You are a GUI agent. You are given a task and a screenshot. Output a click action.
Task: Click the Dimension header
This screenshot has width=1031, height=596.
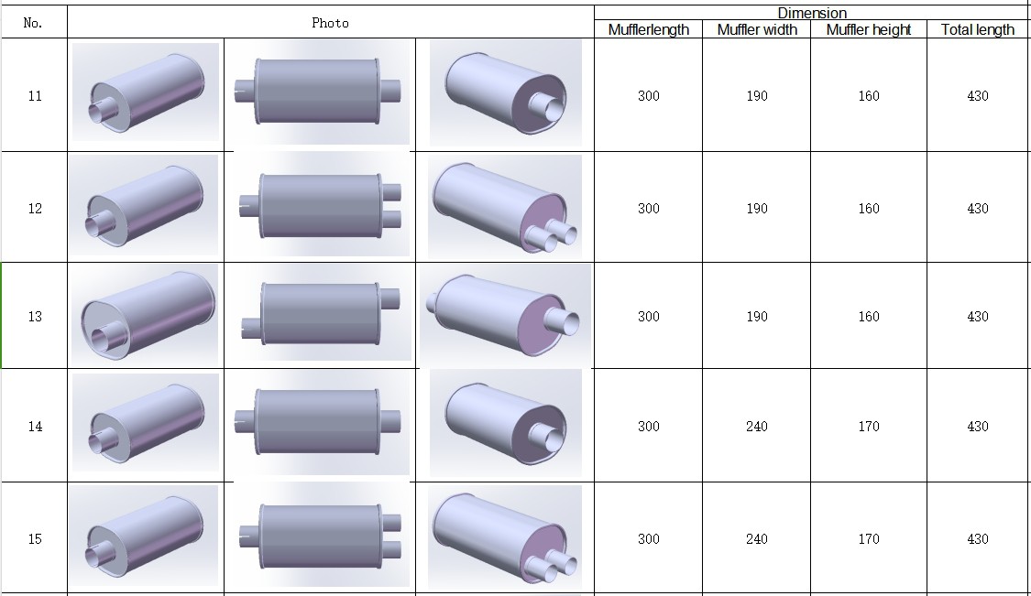tap(812, 13)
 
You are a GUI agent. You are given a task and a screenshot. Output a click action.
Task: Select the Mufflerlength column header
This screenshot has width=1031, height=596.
tap(648, 29)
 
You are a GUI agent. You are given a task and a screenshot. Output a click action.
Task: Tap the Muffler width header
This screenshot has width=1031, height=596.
tap(757, 29)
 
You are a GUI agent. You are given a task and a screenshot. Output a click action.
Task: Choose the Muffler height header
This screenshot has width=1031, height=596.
tap(869, 29)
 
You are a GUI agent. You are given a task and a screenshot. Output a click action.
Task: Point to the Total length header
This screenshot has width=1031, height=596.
tap(978, 29)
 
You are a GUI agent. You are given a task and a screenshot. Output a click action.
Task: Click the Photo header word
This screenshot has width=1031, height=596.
tap(330, 23)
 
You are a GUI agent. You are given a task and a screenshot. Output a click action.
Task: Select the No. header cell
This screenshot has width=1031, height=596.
tap(33, 23)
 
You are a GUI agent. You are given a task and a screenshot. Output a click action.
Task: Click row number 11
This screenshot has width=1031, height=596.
tap(35, 96)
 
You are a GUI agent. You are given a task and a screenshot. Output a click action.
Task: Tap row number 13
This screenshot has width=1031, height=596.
tap(35, 317)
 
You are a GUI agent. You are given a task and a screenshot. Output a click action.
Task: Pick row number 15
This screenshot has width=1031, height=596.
tap(35, 539)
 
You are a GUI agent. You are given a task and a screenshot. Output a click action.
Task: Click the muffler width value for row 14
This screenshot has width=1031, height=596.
tap(757, 427)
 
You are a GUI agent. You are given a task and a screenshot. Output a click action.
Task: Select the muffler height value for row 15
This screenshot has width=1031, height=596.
tap(869, 539)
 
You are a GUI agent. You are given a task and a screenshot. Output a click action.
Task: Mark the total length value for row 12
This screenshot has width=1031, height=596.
tap(978, 209)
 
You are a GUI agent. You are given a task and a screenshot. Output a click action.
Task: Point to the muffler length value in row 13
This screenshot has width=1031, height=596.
tap(648, 317)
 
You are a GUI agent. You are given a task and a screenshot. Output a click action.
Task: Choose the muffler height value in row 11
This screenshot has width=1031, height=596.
tap(869, 96)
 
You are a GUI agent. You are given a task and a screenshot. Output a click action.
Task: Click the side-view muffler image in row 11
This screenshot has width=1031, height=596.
tap(319, 92)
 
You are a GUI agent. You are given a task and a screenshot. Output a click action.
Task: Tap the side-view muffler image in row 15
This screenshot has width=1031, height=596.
tap(321, 536)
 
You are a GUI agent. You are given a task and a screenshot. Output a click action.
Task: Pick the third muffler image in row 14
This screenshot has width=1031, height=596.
tap(513, 423)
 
